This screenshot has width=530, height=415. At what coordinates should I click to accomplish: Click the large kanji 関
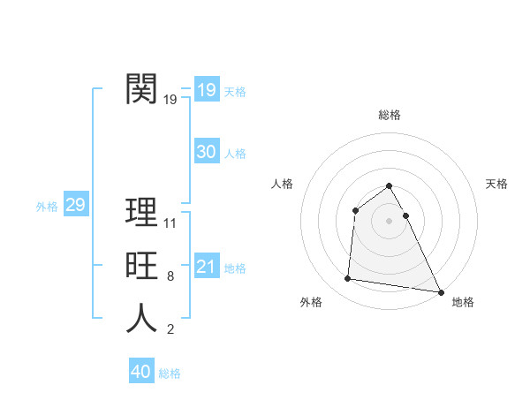[x=142, y=88]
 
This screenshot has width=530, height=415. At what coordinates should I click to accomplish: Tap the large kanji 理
[x=142, y=213]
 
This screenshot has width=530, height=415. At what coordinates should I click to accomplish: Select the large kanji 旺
[x=142, y=266]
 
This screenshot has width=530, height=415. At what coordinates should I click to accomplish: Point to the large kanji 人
[x=142, y=319]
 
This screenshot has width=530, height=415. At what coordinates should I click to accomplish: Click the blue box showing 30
[x=207, y=152]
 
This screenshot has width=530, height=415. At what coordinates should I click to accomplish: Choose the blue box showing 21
[x=207, y=267]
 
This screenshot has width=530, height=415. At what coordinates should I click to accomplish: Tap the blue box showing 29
[x=75, y=206]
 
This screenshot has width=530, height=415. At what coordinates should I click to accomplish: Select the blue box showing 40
[x=141, y=372]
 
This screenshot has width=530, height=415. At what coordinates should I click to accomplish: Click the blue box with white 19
[x=207, y=90]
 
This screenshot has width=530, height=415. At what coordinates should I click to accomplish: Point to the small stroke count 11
[x=171, y=223]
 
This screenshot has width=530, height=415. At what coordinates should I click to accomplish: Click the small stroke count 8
[x=170, y=276]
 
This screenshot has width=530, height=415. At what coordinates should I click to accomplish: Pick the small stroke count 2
[x=170, y=330]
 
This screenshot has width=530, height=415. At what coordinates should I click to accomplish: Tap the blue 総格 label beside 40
[x=170, y=373]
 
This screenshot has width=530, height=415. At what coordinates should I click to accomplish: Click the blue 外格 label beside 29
[x=47, y=207]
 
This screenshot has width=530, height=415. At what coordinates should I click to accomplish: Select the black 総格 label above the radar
[x=390, y=115]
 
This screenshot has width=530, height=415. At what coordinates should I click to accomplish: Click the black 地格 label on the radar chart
[x=463, y=302]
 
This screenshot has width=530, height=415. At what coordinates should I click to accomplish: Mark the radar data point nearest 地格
[x=441, y=292]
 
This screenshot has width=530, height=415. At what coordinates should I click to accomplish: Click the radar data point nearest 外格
[x=348, y=279]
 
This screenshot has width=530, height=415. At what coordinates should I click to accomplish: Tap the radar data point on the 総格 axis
[x=390, y=186]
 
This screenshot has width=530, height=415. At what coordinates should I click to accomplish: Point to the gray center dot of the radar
[x=390, y=221]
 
